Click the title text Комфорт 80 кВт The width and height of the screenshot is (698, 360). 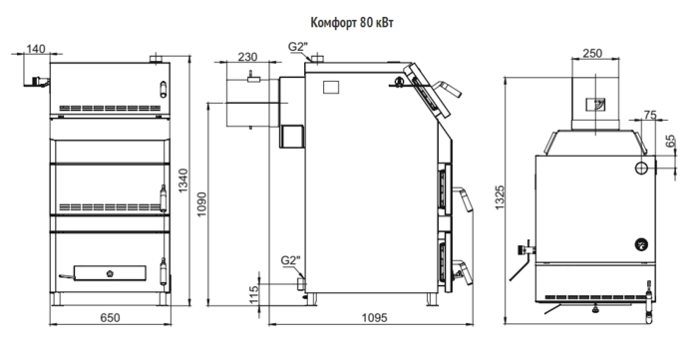(352, 23)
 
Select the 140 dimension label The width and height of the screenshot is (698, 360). (36, 49)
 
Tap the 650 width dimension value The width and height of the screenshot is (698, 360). (110, 318)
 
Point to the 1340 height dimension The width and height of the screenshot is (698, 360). (182, 180)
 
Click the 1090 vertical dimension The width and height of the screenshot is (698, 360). (201, 204)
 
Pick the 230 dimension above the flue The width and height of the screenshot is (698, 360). (247, 57)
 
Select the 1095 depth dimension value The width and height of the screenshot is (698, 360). (374, 318)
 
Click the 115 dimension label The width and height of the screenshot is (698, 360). (253, 295)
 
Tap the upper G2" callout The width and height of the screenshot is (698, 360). (298, 47)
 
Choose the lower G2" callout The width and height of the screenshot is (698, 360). (291, 260)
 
